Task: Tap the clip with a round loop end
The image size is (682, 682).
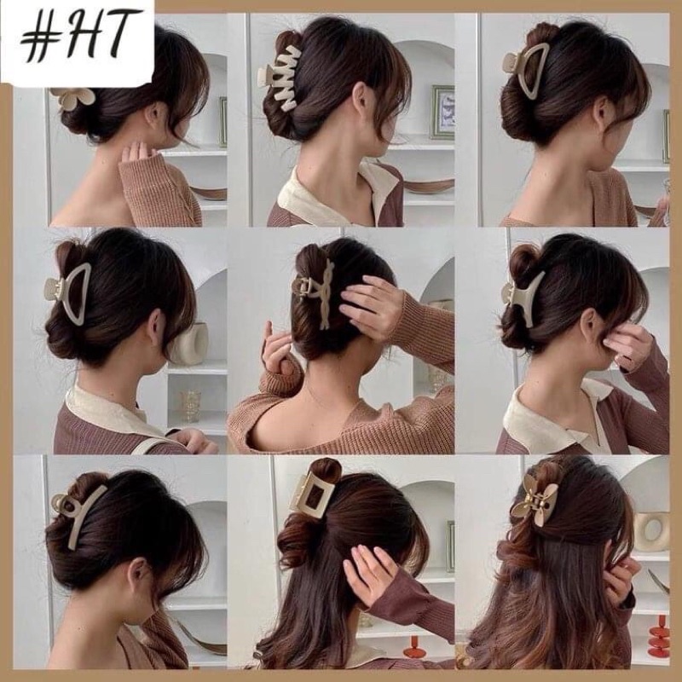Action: [75, 514]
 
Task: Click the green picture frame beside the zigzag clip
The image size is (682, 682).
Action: [442, 113]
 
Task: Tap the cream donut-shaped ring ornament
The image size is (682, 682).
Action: [651, 531]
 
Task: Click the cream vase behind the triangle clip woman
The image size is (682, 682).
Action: [190, 344]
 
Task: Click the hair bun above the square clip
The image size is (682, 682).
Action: [326, 471]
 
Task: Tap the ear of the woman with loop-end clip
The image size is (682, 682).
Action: [136, 575]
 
